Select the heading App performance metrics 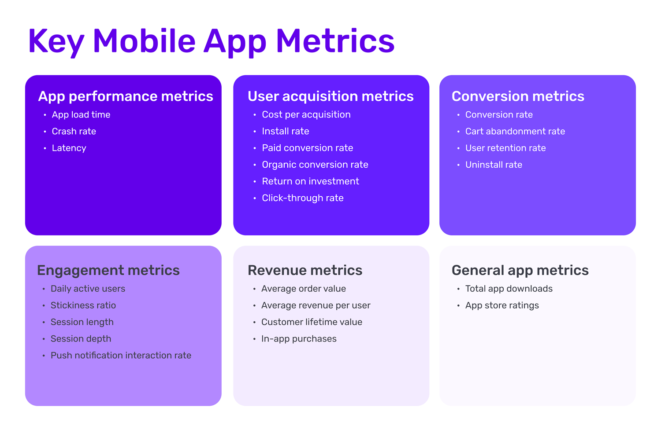click(x=126, y=97)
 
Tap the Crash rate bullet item click(x=74, y=131)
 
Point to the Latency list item click(x=69, y=148)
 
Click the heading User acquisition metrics click(x=331, y=97)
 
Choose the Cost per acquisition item click(x=306, y=115)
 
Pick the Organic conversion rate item click(x=315, y=165)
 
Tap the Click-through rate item click(x=303, y=198)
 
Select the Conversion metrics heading click(x=518, y=96)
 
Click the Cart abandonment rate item click(x=515, y=131)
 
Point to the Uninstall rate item click(x=494, y=165)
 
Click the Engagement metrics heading click(x=108, y=271)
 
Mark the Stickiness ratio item click(x=83, y=305)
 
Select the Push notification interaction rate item click(x=121, y=355)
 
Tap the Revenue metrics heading click(x=305, y=270)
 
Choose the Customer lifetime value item click(x=312, y=322)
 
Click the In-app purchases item click(x=299, y=339)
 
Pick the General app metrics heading click(x=520, y=271)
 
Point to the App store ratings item click(x=502, y=305)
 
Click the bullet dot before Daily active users click(x=44, y=289)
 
